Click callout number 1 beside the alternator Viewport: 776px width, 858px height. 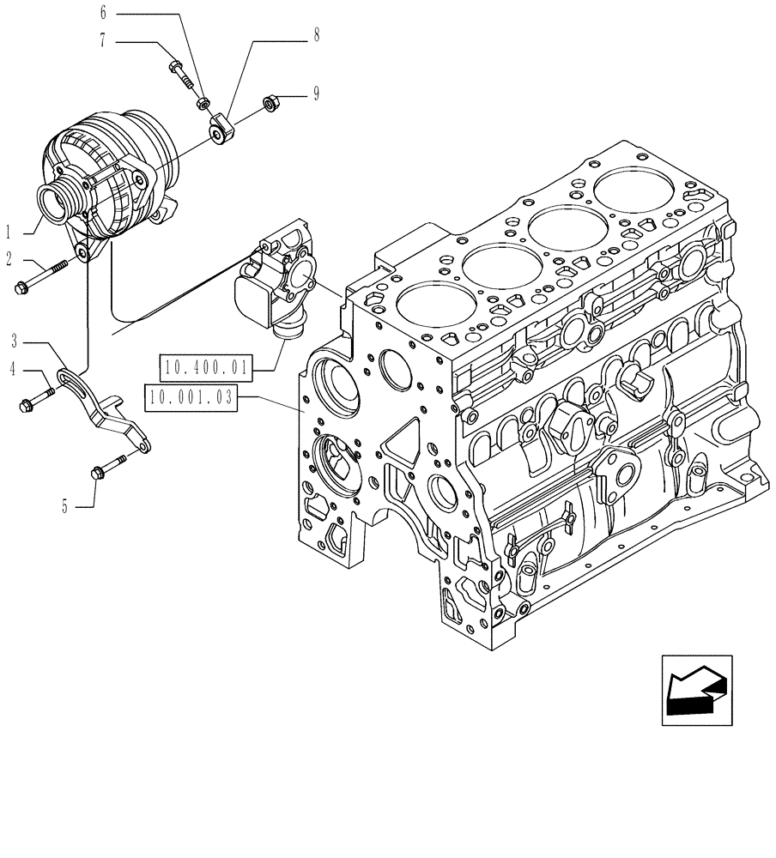tap(9, 232)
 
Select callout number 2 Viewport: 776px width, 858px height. tap(9, 257)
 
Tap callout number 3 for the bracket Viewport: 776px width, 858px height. tap(14, 341)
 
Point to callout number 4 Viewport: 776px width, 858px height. tap(14, 370)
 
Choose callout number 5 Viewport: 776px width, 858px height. tap(64, 506)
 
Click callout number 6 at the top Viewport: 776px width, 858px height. tap(104, 13)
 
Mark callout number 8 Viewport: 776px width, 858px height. tap(317, 36)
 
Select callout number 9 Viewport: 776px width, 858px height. tap(316, 94)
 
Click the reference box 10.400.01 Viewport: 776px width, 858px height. tap(203, 370)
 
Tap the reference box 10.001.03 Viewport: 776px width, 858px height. tap(191, 398)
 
